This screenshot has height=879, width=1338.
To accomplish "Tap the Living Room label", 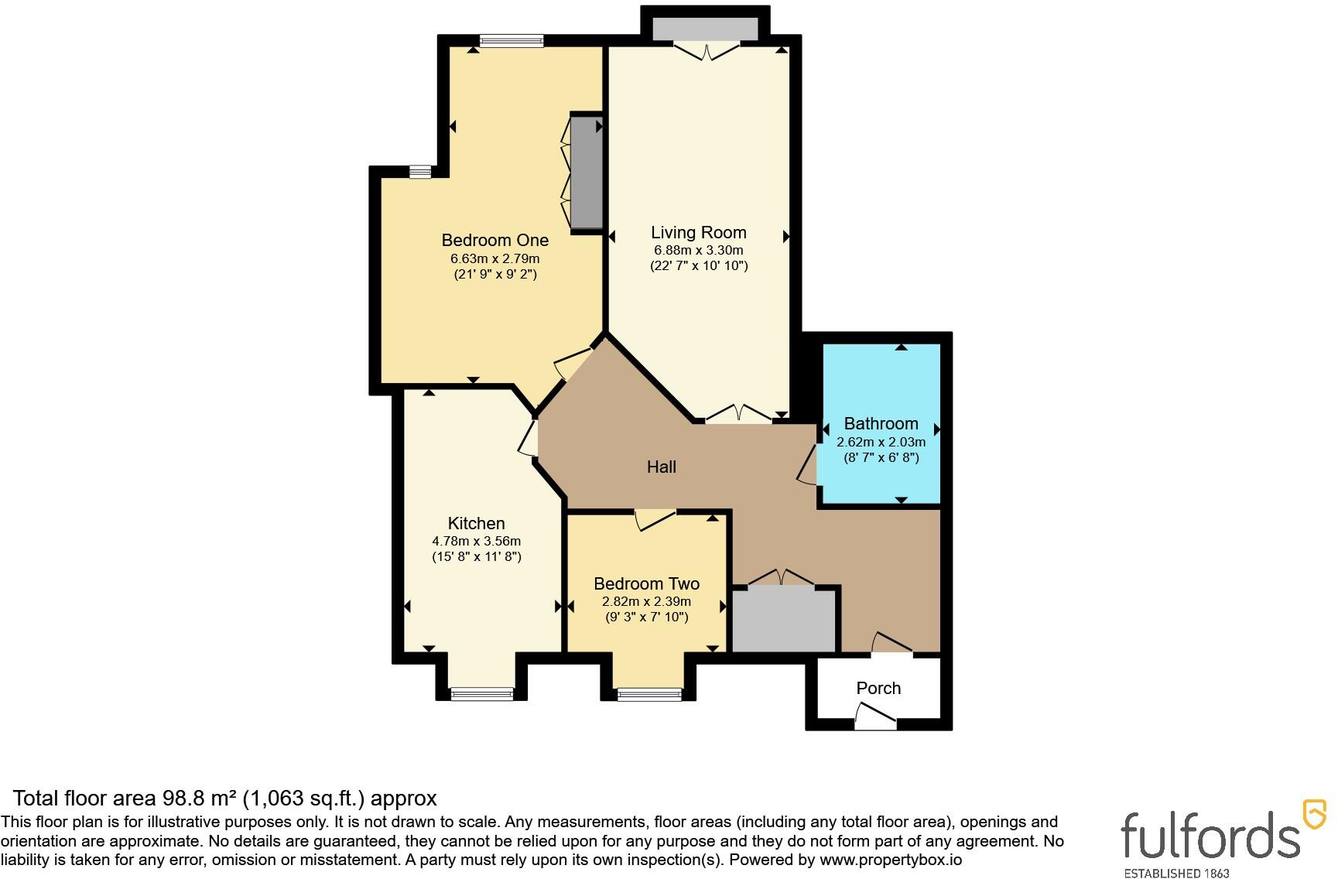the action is point(698,232).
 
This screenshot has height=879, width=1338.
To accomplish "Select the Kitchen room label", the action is point(476,523).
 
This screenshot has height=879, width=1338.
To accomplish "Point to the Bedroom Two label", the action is point(646,583).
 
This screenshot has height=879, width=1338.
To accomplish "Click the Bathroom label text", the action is point(881,423).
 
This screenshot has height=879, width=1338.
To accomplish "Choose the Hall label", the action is point(662,467).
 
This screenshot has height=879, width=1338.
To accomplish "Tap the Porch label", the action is point(878,688).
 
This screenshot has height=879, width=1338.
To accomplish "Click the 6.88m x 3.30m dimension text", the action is point(698,250).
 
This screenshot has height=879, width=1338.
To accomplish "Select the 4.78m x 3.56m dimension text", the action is point(476,541).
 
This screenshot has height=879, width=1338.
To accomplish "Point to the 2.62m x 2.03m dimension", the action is point(881,442).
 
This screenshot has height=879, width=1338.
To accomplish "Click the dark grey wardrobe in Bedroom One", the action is point(587,172).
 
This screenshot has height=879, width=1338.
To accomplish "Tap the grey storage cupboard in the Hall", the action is point(785,619).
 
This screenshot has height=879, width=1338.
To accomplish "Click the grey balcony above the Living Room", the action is point(705,28).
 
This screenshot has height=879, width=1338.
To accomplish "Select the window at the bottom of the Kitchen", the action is point(482,694).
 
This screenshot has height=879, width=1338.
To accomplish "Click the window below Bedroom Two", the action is point(650,694).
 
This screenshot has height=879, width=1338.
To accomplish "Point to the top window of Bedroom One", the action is point(511,41).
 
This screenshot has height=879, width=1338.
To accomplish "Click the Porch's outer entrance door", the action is point(875,717).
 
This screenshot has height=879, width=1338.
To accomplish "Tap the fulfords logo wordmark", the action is point(1210,836).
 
